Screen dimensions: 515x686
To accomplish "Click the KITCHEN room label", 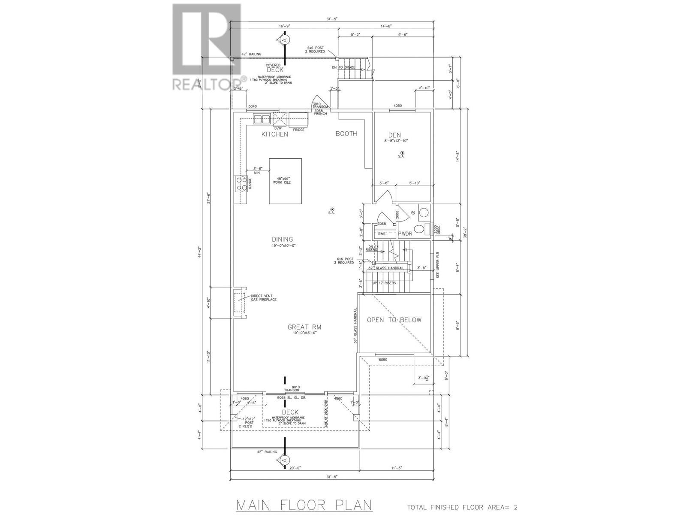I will point(275,134).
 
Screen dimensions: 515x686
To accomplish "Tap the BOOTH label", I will point(346,133).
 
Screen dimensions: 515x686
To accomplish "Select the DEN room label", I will point(394,135).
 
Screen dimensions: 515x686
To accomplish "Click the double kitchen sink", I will point(261,119).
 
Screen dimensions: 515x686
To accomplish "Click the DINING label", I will point(282,239).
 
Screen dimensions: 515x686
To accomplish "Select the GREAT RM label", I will point(304,327).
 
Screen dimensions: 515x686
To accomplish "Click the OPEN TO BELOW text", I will point(394,320).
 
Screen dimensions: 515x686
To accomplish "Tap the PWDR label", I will point(405,234).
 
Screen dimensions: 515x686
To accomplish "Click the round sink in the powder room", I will point(424,212).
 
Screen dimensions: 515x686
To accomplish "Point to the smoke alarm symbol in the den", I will point(402,153).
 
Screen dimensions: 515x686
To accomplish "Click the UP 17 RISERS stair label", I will point(385,283).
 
